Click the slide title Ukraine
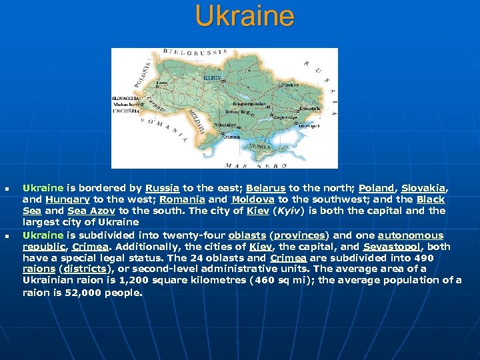click(x=244, y=16)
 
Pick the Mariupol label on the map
click(x=309, y=125)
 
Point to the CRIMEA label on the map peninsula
click(x=258, y=147)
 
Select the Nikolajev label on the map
click(x=225, y=125)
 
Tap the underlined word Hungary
click(x=68, y=199)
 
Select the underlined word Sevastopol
click(x=392, y=247)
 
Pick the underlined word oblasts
click(x=247, y=235)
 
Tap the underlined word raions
click(x=39, y=269)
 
